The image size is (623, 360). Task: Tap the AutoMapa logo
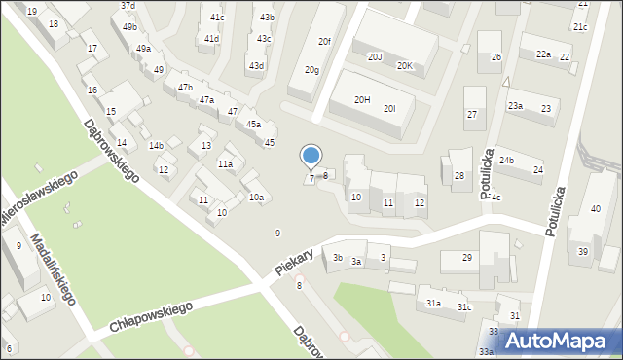coord(562,341)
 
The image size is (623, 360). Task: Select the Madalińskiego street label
coord(53,269)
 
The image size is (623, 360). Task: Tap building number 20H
coord(362,99)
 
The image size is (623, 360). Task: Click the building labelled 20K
coord(404,66)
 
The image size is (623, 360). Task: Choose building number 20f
coord(325,41)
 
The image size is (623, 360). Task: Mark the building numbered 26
coord(495,58)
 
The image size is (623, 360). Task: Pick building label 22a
coord(543,54)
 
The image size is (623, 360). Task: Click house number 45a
coord(253,125)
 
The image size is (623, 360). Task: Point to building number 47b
coord(185,89)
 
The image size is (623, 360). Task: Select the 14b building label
coord(156,146)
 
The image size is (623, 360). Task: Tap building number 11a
coord(225,164)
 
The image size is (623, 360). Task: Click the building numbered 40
coord(596,209)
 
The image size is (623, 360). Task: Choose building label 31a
coord(433,304)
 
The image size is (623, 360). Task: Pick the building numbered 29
coord(467,257)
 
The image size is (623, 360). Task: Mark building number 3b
coord(338,258)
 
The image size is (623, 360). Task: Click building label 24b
coord(506,160)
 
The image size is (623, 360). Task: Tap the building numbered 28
coord(459,176)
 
